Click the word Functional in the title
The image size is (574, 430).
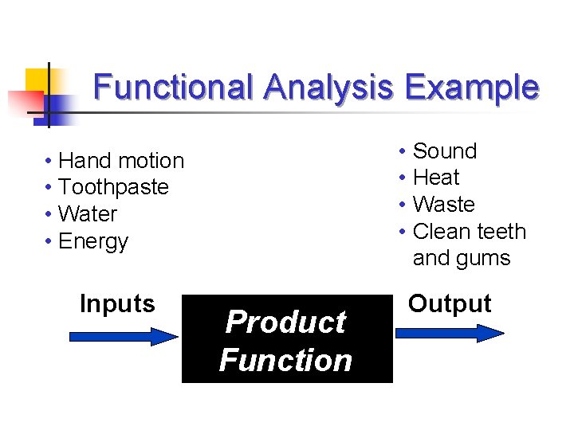point(174,87)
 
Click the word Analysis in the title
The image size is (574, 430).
point(328,87)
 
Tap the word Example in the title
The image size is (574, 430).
point(471,87)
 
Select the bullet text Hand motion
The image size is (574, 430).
point(121,161)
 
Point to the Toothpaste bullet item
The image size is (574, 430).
point(114,188)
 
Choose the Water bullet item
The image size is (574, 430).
point(88,215)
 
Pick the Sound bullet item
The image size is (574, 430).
point(444,151)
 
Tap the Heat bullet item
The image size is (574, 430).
point(436,178)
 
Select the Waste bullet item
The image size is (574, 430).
point(444,205)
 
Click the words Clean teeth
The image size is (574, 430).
point(470,232)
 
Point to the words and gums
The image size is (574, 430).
point(462,259)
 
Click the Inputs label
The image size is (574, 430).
point(117,303)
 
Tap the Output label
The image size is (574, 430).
point(450,303)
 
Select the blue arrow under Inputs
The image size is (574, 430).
point(124,336)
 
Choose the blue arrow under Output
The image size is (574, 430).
point(450,332)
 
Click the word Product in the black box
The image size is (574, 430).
point(285,322)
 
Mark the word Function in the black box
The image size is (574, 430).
point(285,360)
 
